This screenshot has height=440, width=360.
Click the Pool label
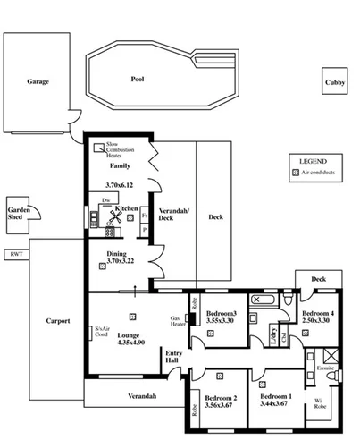pyautogui.click(x=137, y=79)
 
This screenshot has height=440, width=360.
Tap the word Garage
pyautogui.click(x=38, y=81)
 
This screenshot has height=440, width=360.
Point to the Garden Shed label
pyautogui.click(x=20, y=214)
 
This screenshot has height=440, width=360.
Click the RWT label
pyautogui.click(x=15, y=255)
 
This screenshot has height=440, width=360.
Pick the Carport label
pyautogui.click(x=58, y=320)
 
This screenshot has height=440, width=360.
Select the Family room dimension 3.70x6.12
pyautogui.click(x=119, y=185)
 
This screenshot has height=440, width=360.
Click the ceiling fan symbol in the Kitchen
pyautogui.click(x=117, y=215)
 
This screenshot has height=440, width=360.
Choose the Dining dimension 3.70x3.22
pyautogui.click(x=119, y=261)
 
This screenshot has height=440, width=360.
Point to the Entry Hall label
pyautogui.click(x=174, y=358)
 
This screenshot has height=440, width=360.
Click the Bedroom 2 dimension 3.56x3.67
pyautogui.click(x=221, y=405)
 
